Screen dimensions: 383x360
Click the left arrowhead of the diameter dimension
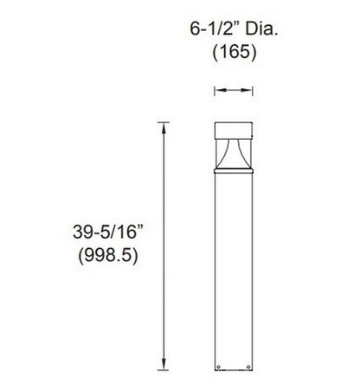(x=217, y=89)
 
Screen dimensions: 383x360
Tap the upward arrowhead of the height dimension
(x=161, y=126)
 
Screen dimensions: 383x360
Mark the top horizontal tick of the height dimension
(x=161, y=122)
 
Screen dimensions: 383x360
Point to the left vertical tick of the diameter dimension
(x=214, y=89)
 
